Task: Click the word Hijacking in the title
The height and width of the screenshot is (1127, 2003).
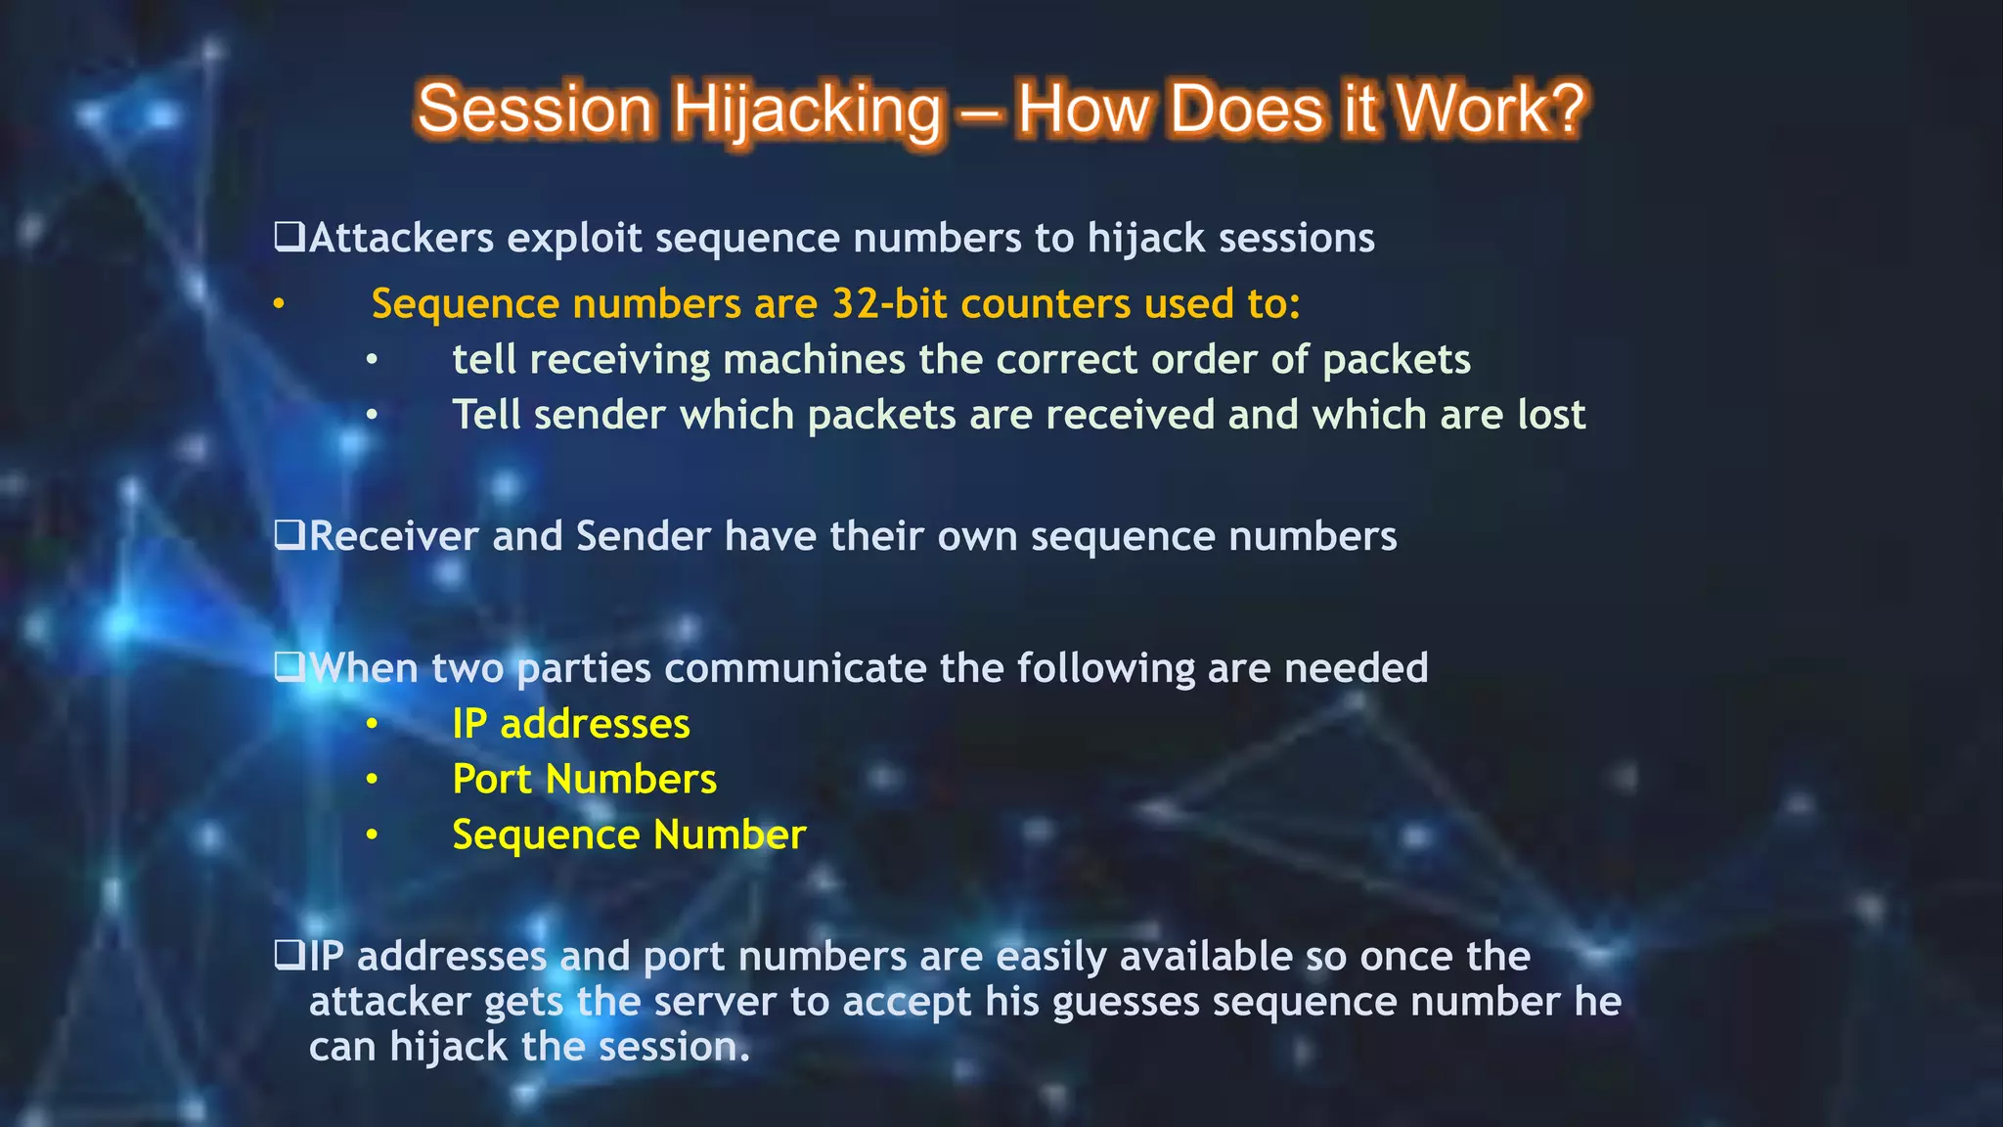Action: (808, 110)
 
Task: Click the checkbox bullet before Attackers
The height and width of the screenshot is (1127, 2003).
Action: (289, 237)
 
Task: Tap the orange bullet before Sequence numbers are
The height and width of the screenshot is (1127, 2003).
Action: (279, 304)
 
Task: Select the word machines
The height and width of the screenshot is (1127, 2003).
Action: (815, 360)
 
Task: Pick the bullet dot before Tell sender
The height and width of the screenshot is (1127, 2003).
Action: (372, 416)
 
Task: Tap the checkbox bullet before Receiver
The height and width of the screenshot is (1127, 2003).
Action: (289, 535)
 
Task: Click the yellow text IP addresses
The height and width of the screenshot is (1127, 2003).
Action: (570, 724)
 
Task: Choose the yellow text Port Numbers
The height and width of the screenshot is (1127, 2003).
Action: (584, 780)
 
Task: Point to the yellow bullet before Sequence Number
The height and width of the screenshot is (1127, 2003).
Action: (372, 835)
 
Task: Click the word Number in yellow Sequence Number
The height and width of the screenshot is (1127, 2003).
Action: (730, 835)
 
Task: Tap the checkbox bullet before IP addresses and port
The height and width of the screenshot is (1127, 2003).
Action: (289, 955)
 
